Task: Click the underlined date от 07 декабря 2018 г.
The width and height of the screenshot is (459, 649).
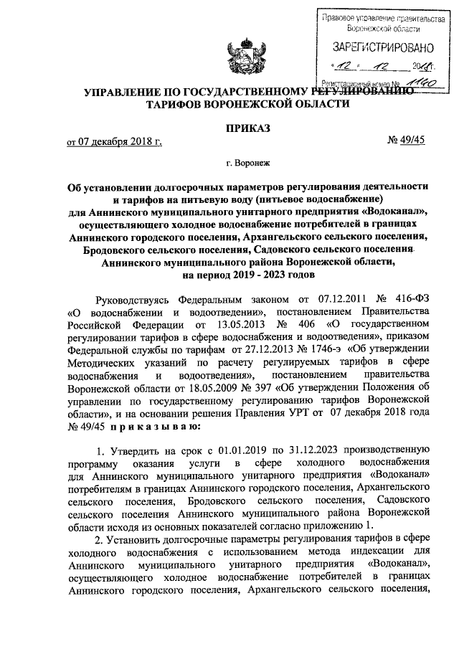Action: pos(114,141)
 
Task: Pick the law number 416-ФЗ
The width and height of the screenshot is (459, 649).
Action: pos(404,319)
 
